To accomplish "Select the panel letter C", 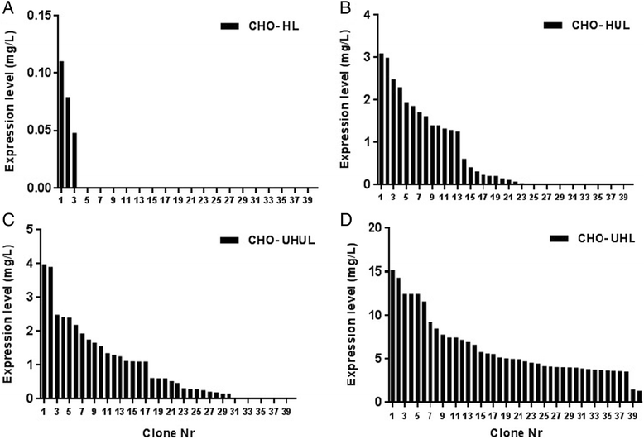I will pyautogui.click(x=8, y=222).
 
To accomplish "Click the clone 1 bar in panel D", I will pyautogui.click(x=392, y=336).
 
